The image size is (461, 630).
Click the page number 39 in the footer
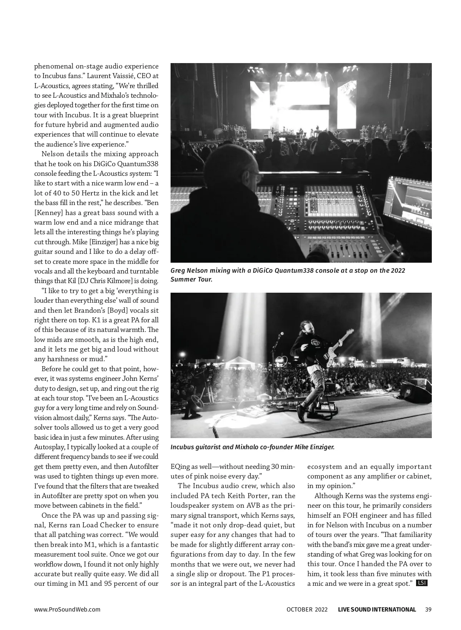428,609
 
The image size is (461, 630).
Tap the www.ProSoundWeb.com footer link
67,609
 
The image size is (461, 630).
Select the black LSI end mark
421,583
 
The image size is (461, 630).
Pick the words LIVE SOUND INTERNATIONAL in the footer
376,609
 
